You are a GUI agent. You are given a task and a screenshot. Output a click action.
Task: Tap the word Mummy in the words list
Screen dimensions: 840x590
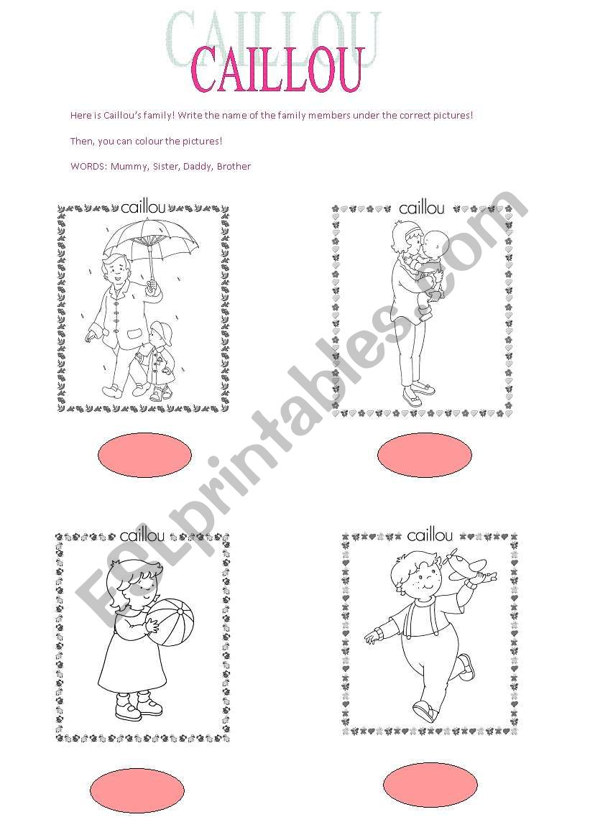(x=129, y=167)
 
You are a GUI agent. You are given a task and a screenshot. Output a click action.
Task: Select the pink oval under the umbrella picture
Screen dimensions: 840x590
(x=144, y=455)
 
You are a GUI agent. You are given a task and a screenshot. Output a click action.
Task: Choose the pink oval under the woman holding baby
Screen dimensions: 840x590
(x=425, y=455)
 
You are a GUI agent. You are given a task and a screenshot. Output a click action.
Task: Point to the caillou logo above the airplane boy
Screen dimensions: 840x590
(x=430, y=535)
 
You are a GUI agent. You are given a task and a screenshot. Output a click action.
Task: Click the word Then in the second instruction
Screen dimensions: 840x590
(x=81, y=141)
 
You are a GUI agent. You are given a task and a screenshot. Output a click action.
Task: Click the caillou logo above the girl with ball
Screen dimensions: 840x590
(x=142, y=535)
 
